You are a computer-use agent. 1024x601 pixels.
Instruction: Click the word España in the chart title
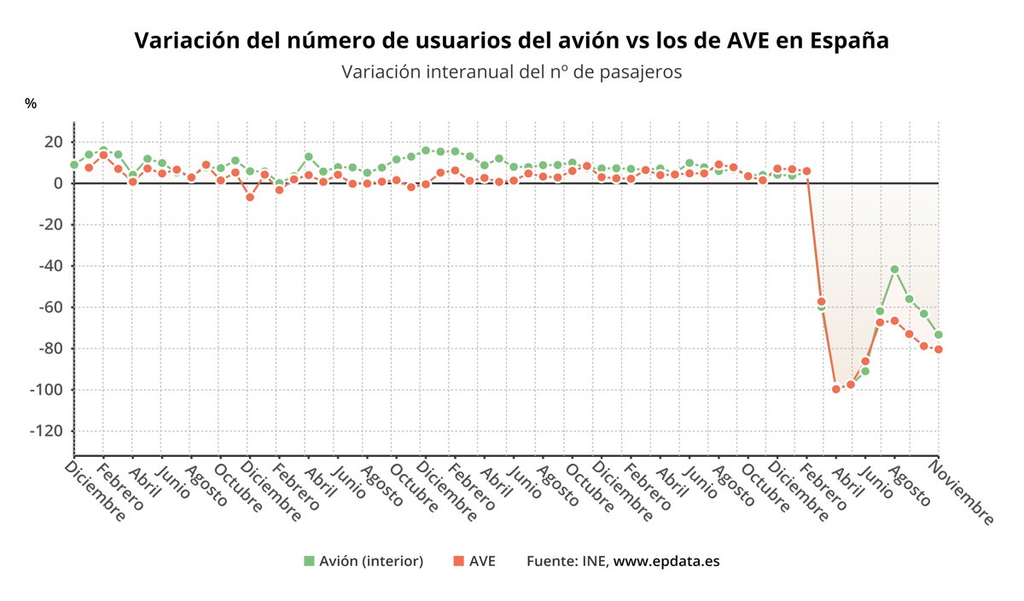coord(850,41)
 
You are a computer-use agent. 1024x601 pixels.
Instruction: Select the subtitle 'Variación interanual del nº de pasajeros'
coord(511,72)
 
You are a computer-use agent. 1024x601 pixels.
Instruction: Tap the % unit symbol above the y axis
coord(31,103)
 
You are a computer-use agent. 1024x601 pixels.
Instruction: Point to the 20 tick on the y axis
coord(54,142)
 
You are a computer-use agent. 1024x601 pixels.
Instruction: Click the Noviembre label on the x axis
coord(963,492)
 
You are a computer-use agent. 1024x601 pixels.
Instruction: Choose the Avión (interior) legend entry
coord(364,561)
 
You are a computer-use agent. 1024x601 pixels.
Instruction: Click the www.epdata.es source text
coord(666,561)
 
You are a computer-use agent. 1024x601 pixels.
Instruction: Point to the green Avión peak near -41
coord(894,269)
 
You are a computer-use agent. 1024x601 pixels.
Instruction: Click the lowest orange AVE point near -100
coord(836,389)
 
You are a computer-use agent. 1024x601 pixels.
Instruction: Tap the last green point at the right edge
coord(938,334)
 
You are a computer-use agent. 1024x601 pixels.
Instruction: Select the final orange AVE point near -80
coord(938,350)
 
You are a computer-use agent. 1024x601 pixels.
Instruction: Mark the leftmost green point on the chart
coord(74,165)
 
